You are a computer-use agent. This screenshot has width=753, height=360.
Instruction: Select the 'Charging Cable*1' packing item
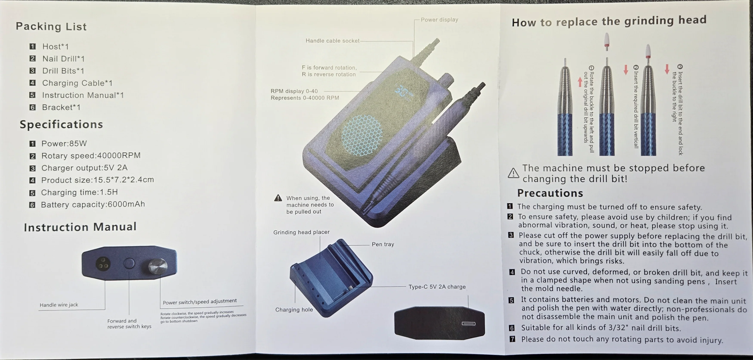point(77,83)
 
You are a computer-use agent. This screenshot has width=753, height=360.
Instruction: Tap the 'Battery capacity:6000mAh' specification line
point(93,204)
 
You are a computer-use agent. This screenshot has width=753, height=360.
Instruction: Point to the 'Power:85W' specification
point(64,144)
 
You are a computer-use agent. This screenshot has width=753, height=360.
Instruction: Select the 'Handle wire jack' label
point(59,305)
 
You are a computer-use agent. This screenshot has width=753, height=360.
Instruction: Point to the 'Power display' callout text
point(439,20)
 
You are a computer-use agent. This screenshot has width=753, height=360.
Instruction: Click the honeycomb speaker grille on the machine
point(362,135)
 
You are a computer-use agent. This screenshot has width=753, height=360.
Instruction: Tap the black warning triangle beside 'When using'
point(278,198)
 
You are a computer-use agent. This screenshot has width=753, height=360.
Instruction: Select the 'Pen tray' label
point(383,244)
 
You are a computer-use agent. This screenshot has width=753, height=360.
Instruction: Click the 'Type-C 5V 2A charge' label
point(437,287)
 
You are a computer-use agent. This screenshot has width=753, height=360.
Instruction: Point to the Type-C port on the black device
point(469,323)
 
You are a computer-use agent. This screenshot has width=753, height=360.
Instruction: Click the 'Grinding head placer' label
point(301,232)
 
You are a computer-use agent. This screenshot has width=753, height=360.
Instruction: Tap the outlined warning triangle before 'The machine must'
point(513,173)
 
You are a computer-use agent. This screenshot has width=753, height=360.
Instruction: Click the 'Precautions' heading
point(550,193)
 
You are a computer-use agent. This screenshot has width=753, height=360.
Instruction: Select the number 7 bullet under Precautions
point(512,339)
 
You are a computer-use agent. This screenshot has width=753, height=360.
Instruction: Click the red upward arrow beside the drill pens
point(580,82)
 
